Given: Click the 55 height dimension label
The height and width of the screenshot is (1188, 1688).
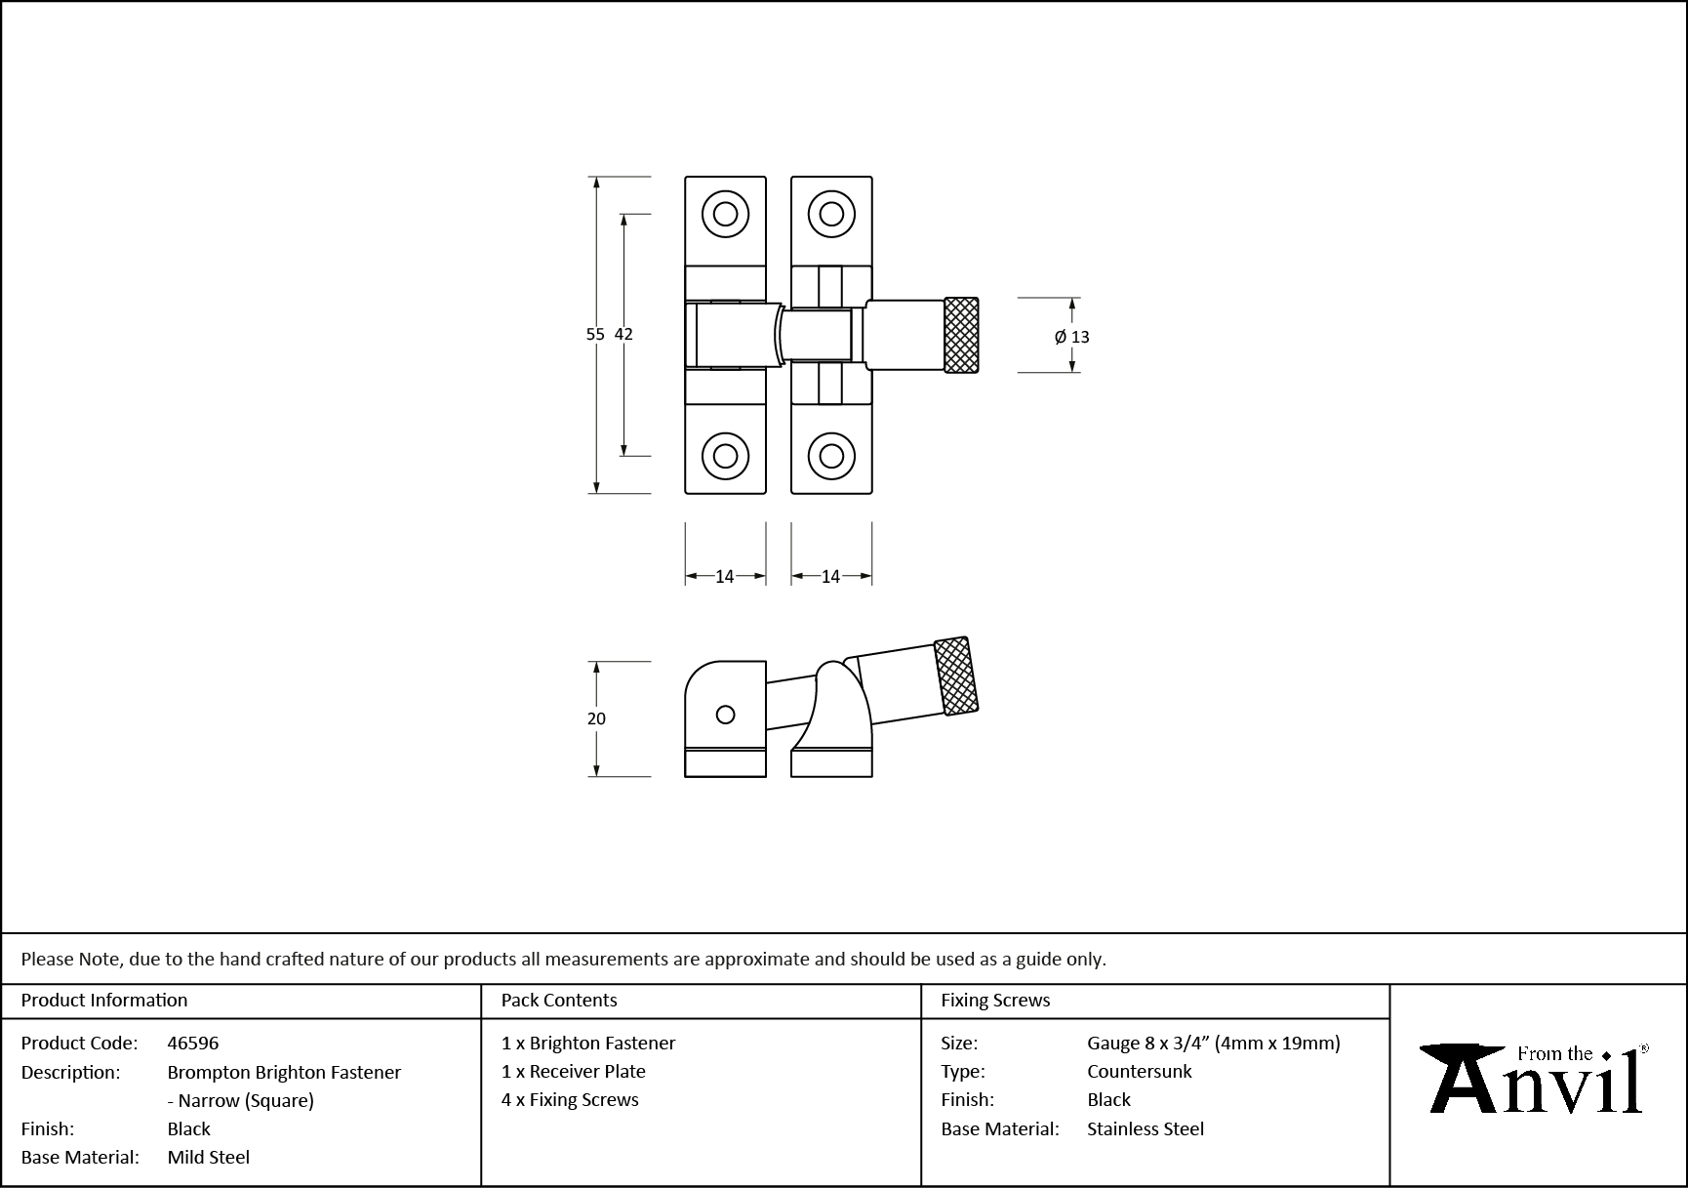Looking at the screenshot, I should tap(594, 334).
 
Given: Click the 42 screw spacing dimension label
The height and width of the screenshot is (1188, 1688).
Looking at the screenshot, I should tap(623, 334).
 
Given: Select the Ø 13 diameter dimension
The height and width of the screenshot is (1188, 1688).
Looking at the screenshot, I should tap(1072, 337).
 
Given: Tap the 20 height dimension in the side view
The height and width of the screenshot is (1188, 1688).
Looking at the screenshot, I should tap(596, 718).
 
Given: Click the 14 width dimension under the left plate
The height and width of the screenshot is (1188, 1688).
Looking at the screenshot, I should tap(724, 577).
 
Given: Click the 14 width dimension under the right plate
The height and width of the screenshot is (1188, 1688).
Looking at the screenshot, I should tap(830, 577).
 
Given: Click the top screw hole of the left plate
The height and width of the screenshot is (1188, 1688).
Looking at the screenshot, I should tap(725, 214).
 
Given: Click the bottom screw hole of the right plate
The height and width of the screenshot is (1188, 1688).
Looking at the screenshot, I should tap(831, 455).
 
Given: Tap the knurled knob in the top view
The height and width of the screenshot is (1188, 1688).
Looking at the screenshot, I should tap(961, 335).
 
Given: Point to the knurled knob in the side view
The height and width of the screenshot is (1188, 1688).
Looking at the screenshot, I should tap(956, 676).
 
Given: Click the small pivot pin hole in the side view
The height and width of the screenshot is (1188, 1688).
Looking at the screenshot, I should tap(725, 715).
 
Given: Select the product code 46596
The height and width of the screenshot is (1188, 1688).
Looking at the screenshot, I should tap(193, 1043).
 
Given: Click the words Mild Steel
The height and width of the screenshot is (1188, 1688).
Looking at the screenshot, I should tap(209, 1157).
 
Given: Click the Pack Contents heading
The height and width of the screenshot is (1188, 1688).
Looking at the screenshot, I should tap(559, 1000).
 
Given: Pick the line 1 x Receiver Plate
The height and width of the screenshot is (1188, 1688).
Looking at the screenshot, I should tap(574, 1071).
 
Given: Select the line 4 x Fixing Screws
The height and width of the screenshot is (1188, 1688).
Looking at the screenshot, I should tap(570, 1099).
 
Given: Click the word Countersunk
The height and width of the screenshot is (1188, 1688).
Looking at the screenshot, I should tap(1140, 1071).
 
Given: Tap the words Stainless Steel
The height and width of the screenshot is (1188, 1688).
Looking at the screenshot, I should tap(1145, 1128).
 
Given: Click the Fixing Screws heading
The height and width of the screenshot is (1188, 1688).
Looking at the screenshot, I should tap(995, 1000).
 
